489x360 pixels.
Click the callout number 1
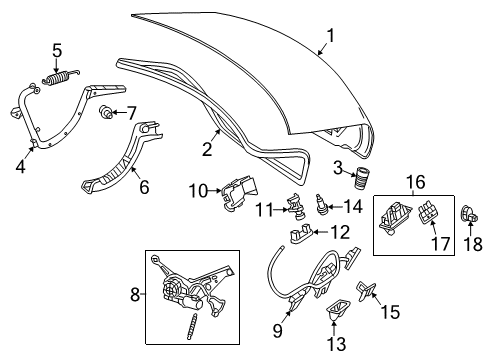point(330,36)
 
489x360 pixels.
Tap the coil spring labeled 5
point(61,78)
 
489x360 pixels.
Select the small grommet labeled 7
point(105,112)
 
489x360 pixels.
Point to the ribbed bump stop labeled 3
point(359,178)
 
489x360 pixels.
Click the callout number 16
point(416,182)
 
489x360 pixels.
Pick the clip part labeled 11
point(296,206)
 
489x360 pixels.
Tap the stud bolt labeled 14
point(321,205)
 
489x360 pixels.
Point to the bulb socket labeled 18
point(469,214)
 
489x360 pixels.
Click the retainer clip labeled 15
point(366,291)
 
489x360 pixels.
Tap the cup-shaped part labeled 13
point(337,309)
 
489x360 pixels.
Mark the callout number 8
point(135,295)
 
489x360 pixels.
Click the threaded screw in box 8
point(191,327)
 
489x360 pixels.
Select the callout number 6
point(144,187)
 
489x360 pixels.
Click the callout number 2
point(207,149)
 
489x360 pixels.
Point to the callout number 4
point(20,166)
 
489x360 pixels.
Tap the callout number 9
point(278,331)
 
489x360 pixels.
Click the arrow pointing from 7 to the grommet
point(119,113)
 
